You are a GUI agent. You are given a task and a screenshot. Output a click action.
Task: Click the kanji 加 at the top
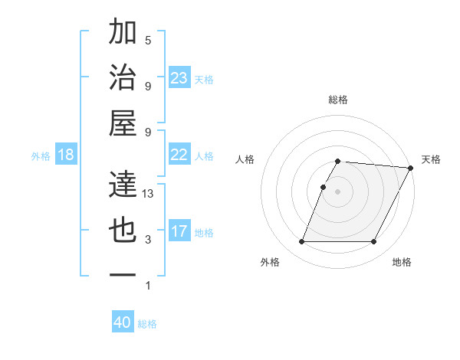[x=123, y=33]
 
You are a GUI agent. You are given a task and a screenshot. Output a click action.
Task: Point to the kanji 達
[x=123, y=184]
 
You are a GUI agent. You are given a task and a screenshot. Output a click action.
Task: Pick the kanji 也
[x=123, y=230]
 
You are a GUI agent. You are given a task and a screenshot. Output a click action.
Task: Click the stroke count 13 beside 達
[x=149, y=194]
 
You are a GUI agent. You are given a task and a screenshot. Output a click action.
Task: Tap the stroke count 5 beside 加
[x=148, y=41]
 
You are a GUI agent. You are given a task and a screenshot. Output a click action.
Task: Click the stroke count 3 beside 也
[x=148, y=240]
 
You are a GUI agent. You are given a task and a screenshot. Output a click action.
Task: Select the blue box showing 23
[x=179, y=77]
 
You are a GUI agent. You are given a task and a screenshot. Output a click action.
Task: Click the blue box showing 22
[x=179, y=155]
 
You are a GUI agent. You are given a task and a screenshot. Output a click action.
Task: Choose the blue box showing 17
[x=179, y=231]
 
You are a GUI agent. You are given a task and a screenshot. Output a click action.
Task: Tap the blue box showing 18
[x=66, y=155]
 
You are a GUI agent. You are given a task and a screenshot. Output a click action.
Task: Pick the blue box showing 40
[x=123, y=322]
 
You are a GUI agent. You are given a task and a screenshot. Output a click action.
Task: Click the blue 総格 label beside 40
[x=147, y=324]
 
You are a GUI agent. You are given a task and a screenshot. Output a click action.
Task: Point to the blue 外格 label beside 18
[x=41, y=156]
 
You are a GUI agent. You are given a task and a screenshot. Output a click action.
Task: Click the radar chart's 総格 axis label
[x=338, y=100]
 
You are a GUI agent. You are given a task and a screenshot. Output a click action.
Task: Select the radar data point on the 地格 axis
[x=374, y=242]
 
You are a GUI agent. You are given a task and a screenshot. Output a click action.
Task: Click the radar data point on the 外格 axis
[x=301, y=242]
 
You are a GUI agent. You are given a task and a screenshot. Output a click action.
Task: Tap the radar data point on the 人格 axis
[x=323, y=187]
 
